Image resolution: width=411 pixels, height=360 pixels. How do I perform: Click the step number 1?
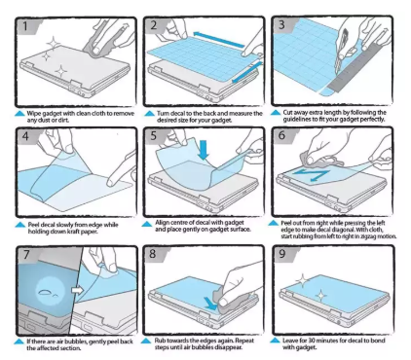pyautogui.click(x=25, y=26)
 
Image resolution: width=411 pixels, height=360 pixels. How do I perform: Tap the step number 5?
pyautogui.click(x=154, y=135)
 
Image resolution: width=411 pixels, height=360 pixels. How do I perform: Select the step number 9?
pyautogui.click(x=282, y=253)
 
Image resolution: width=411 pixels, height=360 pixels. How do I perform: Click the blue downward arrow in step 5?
pyautogui.click(x=204, y=150)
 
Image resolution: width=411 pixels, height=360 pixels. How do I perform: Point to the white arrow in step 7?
pyautogui.click(x=77, y=290)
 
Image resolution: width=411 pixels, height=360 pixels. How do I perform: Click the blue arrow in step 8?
pyautogui.click(x=211, y=303)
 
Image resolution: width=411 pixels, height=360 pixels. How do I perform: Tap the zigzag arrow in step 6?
pyautogui.click(x=311, y=174)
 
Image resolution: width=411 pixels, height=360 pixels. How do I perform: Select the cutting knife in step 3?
pyautogui.click(x=341, y=52)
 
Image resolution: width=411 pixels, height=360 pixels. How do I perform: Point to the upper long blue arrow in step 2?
pyautogui.click(x=218, y=39)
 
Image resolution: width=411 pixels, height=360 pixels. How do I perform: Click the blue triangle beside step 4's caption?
pyautogui.click(x=20, y=225)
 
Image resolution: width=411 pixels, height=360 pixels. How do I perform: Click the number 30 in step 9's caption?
pyautogui.click(x=312, y=341)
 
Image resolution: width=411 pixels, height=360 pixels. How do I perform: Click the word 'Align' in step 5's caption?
pyautogui.click(x=162, y=223)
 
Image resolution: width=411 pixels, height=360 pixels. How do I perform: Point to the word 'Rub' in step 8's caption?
pyautogui.click(x=160, y=341)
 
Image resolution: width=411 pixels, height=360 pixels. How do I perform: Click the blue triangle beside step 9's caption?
pyautogui.click(x=275, y=341)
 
